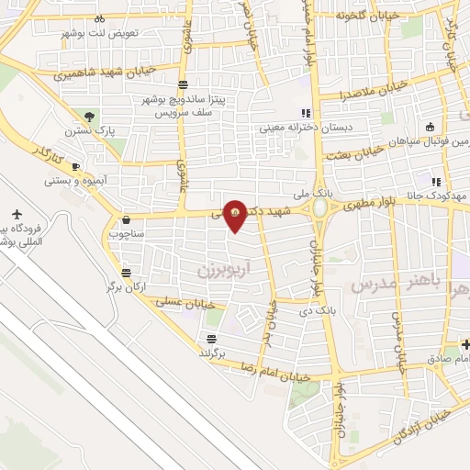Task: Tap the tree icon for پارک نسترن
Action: click(90, 117)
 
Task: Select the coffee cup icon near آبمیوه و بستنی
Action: click(76, 166)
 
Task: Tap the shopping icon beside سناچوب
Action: click(125, 220)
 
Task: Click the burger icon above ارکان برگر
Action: click(125, 273)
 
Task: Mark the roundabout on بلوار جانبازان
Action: click(320, 208)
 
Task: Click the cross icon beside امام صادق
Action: click(465, 344)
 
